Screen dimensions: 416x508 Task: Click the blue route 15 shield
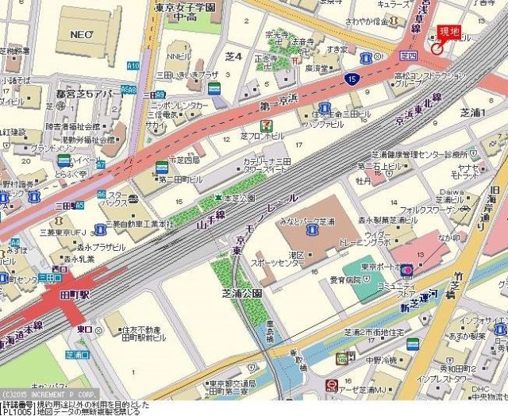click(x=351, y=79)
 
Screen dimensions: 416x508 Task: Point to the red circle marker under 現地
click(x=437, y=48)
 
